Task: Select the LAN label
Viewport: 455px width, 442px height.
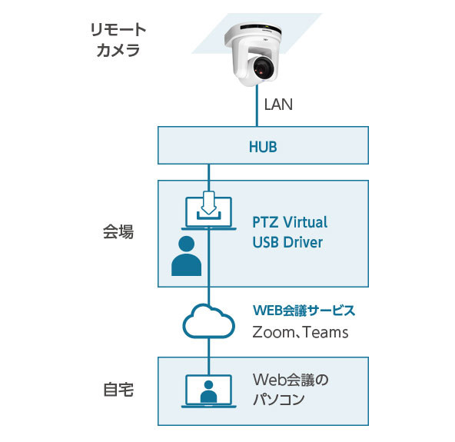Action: [x=278, y=105]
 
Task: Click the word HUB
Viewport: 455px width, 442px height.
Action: [x=263, y=145]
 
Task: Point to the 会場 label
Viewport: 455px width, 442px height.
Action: [x=118, y=232]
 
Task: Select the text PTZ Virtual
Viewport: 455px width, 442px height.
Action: [x=290, y=222]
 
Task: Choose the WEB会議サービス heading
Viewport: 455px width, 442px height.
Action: [x=304, y=311]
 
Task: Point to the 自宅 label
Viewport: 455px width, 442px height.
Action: [x=118, y=390]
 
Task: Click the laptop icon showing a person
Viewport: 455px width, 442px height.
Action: [x=208, y=390]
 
